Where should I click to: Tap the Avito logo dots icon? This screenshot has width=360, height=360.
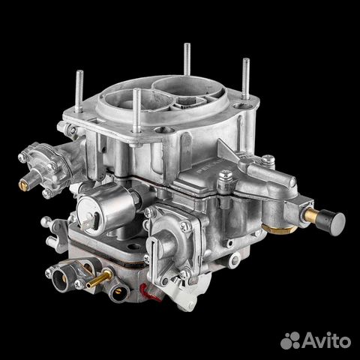pyautogui.click(x=290, y=340)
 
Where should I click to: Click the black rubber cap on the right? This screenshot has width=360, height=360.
pyautogui.click(x=334, y=220)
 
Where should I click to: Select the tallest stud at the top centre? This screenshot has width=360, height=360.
pyautogui.click(x=187, y=59)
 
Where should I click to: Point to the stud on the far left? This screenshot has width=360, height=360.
pyautogui.click(x=79, y=91)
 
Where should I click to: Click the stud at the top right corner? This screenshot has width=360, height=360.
pyautogui.click(x=246, y=79)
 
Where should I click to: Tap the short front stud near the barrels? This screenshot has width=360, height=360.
pyautogui.click(x=136, y=110)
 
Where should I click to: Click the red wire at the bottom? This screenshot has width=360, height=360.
pyautogui.click(x=148, y=292)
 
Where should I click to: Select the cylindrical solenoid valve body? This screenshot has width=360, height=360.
pyautogui.click(x=107, y=208)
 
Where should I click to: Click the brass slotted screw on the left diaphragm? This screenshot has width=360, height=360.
pyautogui.click(x=22, y=185)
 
